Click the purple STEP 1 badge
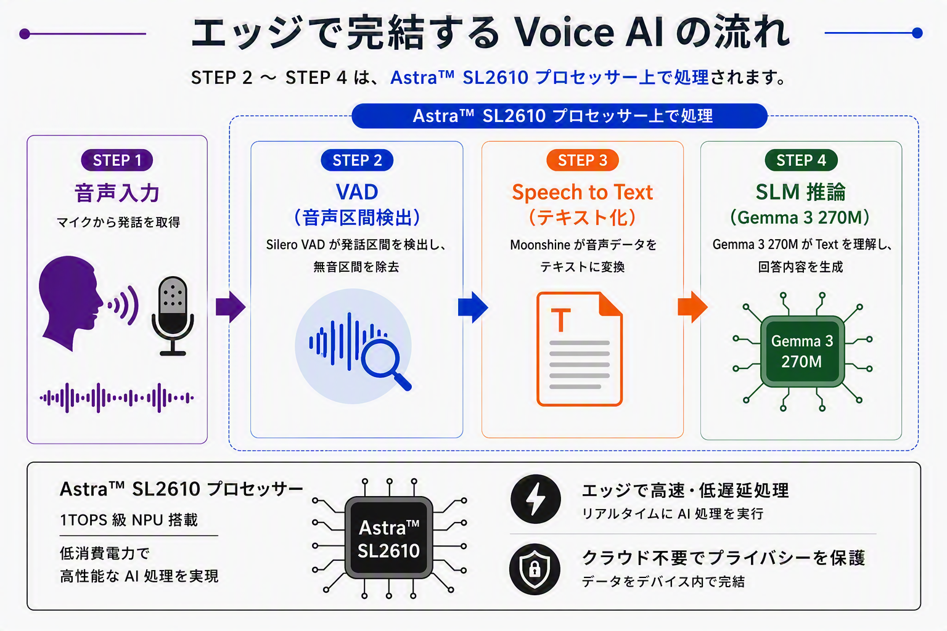tap(117, 160)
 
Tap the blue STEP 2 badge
tap(357, 160)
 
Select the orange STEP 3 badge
tap(583, 160)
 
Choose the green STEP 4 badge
tap(801, 160)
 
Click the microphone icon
tap(173, 315)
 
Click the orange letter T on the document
tap(561, 320)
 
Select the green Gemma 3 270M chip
tap(802, 352)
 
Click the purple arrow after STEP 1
tap(231, 307)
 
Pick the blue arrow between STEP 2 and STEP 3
tap(473, 307)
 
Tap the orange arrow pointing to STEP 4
tap(692, 307)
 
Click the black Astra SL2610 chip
tap(389, 538)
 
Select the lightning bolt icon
tap(536, 499)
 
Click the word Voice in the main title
tap(565, 33)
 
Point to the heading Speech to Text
tap(583, 192)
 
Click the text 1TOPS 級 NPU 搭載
tap(129, 520)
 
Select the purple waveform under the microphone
tap(117, 397)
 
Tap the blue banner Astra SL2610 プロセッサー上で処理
tap(559, 116)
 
